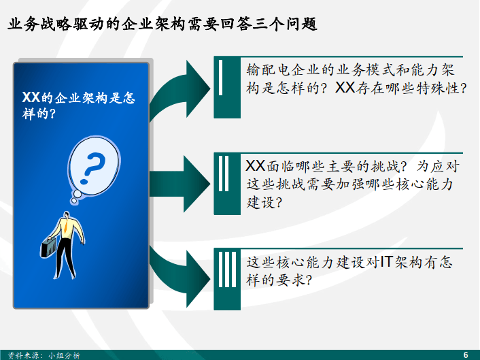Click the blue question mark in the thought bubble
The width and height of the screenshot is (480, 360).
click(92, 169)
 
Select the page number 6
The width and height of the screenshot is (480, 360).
click(466, 355)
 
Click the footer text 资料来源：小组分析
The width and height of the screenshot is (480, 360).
click(44, 355)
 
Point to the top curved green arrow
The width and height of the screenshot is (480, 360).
click(180, 89)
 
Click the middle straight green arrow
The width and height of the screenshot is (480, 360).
click(180, 184)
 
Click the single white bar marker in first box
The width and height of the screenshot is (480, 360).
click(221, 78)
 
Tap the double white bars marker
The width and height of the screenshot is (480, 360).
click(224, 174)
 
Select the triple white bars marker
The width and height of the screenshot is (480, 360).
click(228, 269)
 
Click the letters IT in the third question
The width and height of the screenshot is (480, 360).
click(387, 262)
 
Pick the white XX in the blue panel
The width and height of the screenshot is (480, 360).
click(31, 97)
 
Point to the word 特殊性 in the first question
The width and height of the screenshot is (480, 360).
click(437, 88)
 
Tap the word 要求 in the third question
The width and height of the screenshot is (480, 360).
click(291, 280)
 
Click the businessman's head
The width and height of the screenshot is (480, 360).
click(66, 214)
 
